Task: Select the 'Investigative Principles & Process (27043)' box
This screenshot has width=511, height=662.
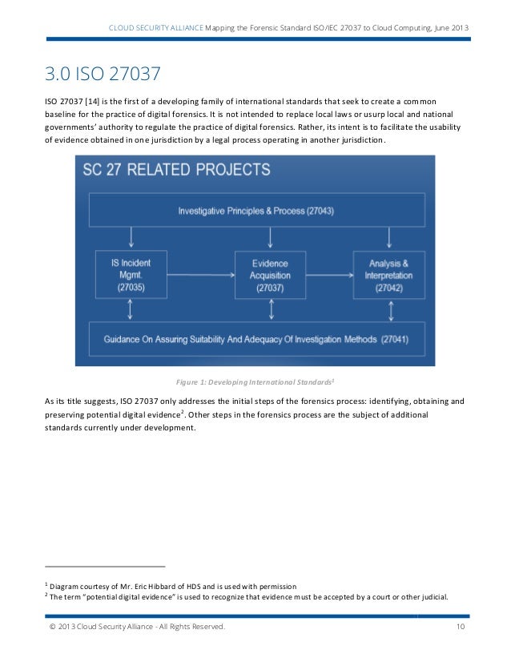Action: point(255,211)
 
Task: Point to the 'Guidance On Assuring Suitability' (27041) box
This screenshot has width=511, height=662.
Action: point(255,339)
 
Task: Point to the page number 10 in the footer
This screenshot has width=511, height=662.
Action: point(461,626)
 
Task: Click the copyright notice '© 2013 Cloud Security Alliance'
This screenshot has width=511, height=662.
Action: point(137,626)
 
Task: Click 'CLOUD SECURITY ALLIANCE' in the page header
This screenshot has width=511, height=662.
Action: point(157,30)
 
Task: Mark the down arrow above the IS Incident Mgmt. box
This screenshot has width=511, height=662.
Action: point(131,237)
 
